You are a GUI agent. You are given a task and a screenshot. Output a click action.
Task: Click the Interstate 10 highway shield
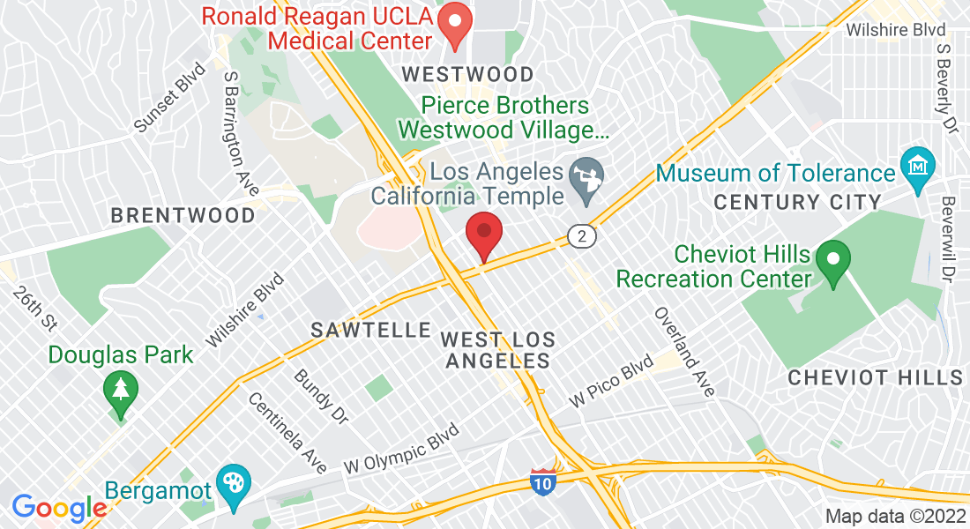pyautogui.click(x=543, y=481)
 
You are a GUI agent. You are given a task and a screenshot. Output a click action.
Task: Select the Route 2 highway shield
pyautogui.click(x=581, y=236)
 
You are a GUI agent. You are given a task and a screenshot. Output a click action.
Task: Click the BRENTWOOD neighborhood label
pyautogui.click(x=183, y=215)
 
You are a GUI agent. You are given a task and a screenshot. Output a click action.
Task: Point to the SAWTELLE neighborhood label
pyautogui.click(x=370, y=331)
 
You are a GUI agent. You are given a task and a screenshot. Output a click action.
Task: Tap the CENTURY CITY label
pyautogui.click(x=797, y=202)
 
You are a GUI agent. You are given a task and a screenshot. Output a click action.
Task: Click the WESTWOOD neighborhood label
pyautogui.click(x=467, y=74)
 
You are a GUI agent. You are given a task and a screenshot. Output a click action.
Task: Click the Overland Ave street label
pyautogui.click(x=683, y=351)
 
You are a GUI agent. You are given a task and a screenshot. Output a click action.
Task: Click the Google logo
pyautogui.click(x=59, y=508)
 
